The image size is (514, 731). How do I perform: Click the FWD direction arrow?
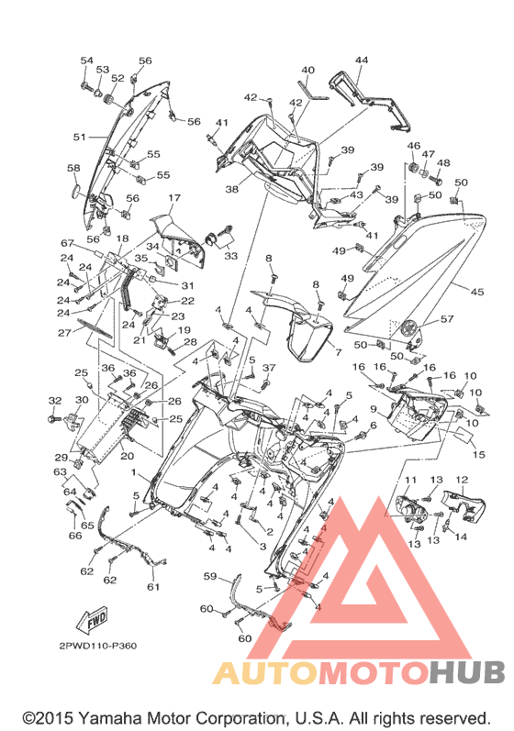click(93, 620)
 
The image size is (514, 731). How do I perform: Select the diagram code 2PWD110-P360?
click(98, 646)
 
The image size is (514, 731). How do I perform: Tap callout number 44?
click(362, 61)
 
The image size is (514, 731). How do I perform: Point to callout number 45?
click(477, 292)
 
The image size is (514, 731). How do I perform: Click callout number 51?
click(79, 137)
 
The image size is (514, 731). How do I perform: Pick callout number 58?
click(73, 168)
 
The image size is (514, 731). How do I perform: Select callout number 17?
click(174, 198)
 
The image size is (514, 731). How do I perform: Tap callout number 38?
click(232, 189)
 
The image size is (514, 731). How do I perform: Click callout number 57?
click(447, 319)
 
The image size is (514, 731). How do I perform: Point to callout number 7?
click(339, 352)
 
